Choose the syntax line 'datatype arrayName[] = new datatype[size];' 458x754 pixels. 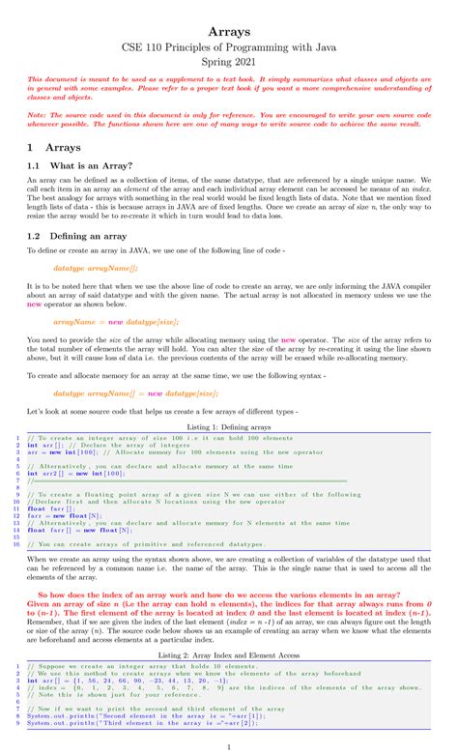135,394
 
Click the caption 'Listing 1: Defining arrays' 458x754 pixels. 229,425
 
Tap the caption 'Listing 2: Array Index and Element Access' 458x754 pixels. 229,655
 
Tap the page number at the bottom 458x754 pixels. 229,746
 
